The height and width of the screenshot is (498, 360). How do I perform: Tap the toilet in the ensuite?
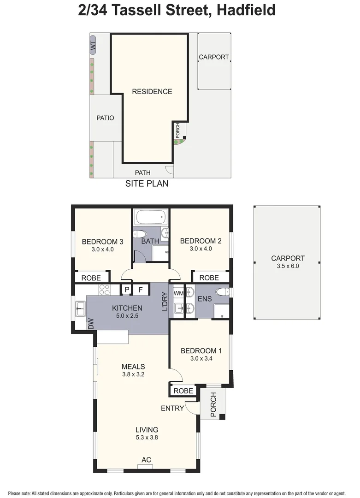click(x=223, y=292)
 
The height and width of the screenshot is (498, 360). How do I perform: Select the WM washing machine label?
click(x=178, y=293)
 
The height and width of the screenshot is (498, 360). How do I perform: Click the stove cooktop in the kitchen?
click(x=105, y=290)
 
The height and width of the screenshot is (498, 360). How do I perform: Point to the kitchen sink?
click(x=80, y=308)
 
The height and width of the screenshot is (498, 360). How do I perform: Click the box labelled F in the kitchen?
click(x=141, y=290)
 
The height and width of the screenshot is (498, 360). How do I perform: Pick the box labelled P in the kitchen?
click(x=126, y=290)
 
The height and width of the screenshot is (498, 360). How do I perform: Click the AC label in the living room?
click(x=147, y=460)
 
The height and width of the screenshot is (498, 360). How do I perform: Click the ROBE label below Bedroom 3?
click(x=91, y=278)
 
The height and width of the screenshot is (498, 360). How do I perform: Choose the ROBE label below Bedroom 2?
click(x=209, y=278)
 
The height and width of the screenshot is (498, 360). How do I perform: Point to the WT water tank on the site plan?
click(x=93, y=45)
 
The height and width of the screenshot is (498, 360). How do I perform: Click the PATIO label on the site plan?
click(x=105, y=118)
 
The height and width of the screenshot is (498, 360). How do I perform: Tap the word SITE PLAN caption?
click(x=147, y=184)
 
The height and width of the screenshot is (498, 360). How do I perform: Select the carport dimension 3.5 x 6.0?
click(x=288, y=266)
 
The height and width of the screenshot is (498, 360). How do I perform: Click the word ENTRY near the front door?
click(x=172, y=409)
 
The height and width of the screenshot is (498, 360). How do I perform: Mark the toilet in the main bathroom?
click(x=141, y=233)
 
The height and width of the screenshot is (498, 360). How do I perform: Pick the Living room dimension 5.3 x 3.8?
click(x=147, y=438)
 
